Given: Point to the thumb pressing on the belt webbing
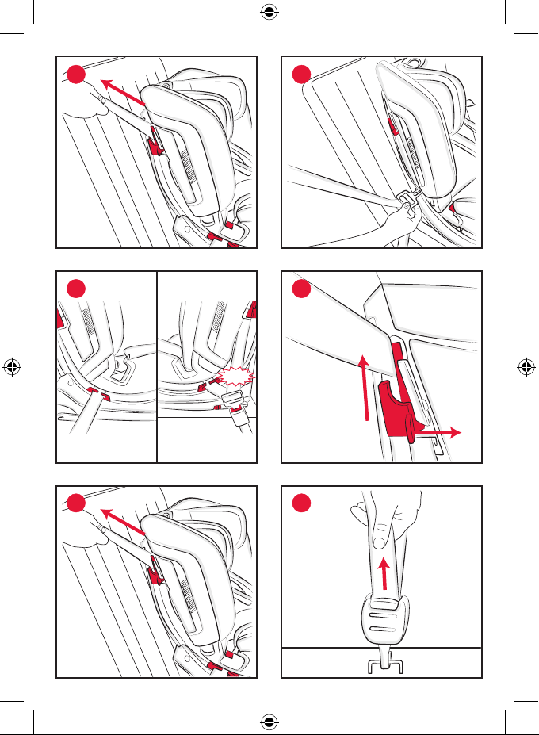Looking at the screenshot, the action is pyautogui.click(x=381, y=539).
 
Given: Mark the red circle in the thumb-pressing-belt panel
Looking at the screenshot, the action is pyautogui.click(x=302, y=504).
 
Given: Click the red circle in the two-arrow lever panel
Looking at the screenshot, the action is pyautogui.click(x=302, y=289).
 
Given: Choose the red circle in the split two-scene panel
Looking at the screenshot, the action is pyautogui.click(x=75, y=289).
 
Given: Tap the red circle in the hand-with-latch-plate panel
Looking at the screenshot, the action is pyautogui.click(x=302, y=75).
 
